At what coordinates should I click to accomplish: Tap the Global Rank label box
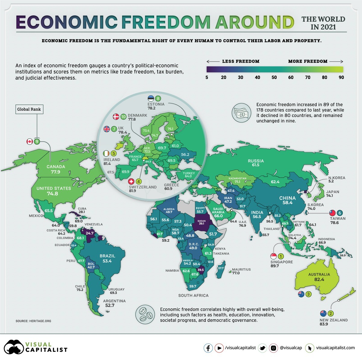[29, 109]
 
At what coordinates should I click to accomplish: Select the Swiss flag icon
[131, 182]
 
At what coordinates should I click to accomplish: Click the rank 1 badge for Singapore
[281, 256]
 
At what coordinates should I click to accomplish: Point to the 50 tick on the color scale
[274, 77]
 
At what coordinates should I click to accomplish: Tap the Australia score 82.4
[319, 279]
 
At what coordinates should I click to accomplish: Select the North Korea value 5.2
[331, 182]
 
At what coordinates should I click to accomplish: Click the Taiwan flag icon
[332, 213]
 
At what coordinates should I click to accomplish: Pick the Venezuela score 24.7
[90, 233]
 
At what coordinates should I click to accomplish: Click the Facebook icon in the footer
[208, 348]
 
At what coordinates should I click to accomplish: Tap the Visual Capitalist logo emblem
[14, 348]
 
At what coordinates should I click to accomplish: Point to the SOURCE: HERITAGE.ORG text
[33, 321]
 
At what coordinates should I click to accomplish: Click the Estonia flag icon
[151, 98]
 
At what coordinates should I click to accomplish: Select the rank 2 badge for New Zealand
[331, 314]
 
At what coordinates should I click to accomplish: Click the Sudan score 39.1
[201, 223]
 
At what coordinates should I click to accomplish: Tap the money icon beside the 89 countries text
[241, 112]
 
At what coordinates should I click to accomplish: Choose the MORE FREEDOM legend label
[308, 61]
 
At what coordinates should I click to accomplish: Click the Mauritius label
[241, 270]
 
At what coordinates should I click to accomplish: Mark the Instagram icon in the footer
[273, 348]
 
